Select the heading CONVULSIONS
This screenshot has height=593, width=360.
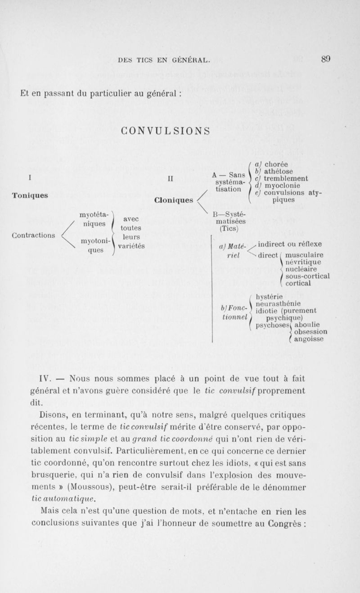pos(166,131)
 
